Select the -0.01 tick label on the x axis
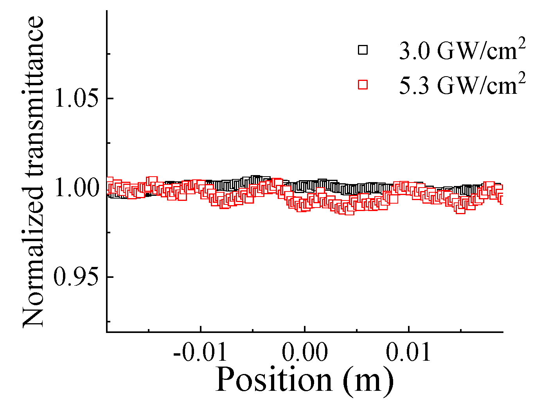(x=200, y=353)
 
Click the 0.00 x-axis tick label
(x=305, y=353)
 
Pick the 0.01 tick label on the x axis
(x=408, y=353)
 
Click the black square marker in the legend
(x=363, y=50)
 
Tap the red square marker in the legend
(x=363, y=84)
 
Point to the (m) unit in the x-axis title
(x=368, y=380)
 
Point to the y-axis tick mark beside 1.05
(x=110, y=98)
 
